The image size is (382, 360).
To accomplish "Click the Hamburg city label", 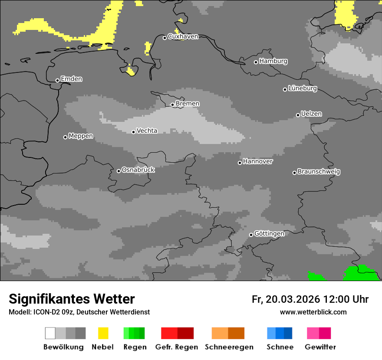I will click(273, 61).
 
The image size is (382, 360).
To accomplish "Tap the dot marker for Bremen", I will click(172, 105).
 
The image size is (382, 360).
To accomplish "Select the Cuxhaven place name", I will click(183, 36).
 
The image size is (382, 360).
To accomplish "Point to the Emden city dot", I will click(57, 80).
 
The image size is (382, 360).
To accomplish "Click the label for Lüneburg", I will click(303, 88).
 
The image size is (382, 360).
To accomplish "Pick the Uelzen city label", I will click(311, 114).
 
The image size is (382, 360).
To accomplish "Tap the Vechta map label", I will click(147, 131).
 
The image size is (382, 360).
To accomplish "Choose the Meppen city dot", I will click(65, 137).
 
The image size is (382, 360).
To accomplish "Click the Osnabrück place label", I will click(138, 170).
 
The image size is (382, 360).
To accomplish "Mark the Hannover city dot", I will click(240, 163).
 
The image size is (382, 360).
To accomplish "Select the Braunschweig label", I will click(319, 172).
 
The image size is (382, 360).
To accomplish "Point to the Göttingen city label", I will click(269, 234).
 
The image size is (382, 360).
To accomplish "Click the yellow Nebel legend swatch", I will click(103, 333).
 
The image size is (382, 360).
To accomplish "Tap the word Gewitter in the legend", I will click(320, 347).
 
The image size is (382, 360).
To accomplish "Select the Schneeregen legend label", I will click(229, 347).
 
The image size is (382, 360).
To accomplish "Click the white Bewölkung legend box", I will click(50, 333).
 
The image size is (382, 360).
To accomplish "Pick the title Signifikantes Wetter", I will click(72, 299).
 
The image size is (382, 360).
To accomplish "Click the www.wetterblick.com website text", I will click(313, 312).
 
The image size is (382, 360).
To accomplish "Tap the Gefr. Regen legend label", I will click(176, 347).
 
